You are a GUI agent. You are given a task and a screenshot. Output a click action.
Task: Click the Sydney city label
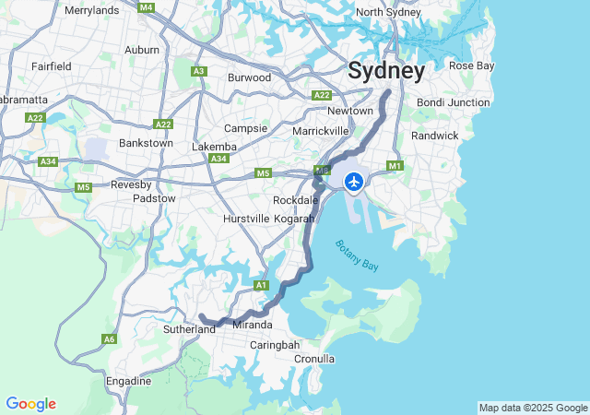[386, 71]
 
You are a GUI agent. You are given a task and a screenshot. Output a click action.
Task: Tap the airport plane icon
[353, 180]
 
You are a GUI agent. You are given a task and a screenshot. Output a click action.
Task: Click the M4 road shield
[146, 7]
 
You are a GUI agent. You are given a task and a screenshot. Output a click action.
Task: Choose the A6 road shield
[109, 339]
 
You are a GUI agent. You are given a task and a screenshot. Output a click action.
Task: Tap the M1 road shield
[395, 166]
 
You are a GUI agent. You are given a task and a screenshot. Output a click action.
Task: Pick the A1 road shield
[261, 285]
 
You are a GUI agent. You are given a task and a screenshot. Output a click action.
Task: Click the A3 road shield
[198, 71]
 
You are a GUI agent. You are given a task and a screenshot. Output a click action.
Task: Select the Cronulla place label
[314, 359]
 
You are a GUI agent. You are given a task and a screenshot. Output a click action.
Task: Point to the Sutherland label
[189, 328]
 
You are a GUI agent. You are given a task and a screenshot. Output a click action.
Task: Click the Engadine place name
[128, 381]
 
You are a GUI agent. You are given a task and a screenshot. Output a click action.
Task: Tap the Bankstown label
[146, 143]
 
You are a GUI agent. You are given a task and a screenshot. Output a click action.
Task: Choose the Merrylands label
[91, 10]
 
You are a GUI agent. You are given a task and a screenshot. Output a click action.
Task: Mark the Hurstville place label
[246, 219]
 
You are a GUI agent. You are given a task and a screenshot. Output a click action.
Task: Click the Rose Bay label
[471, 65]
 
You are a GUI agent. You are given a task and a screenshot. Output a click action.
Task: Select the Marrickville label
[320, 131]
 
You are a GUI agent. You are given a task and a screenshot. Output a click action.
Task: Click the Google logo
[30, 404]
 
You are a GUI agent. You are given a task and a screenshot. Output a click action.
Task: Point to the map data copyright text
[533, 408]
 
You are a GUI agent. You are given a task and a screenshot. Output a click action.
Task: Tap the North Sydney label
[388, 12]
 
